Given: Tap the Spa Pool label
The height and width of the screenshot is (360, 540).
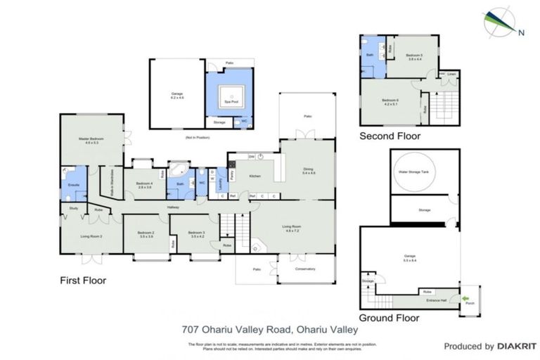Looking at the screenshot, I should (x=228, y=102).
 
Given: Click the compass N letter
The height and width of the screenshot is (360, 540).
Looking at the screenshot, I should (x=521, y=32).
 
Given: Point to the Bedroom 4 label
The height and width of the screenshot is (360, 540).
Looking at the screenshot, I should (x=145, y=186).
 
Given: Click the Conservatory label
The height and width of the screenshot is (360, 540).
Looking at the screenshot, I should (x=305, y=269).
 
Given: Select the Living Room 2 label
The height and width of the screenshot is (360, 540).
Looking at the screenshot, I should (x=91, y=237).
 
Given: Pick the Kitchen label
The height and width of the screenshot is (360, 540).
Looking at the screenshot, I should (x=255, y=175).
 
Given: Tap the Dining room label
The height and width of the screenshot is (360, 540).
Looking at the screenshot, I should (x=308, y=170).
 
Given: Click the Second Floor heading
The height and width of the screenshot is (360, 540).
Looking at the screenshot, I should (x=390, y=136).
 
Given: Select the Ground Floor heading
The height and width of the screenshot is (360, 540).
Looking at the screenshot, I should (x=389, y=318).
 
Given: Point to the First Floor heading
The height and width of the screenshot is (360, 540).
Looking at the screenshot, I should (x=82, y=280).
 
